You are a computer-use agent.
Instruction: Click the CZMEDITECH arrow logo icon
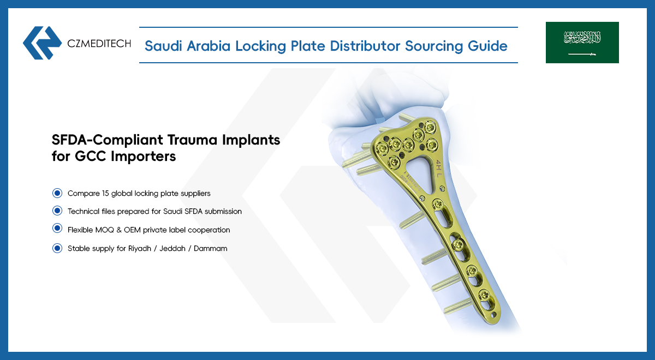43,43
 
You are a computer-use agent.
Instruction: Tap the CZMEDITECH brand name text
99,44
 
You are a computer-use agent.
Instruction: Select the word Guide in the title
487,46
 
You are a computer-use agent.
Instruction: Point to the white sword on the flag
582,54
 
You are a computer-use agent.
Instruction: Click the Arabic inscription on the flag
582,38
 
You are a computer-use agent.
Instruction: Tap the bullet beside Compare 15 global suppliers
57,193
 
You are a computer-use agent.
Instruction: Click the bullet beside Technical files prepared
57,211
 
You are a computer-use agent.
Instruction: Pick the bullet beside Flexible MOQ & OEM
57,228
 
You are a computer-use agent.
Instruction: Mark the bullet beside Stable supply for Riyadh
57,248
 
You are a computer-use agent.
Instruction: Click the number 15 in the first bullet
105,194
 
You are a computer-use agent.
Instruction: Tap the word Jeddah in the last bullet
172,248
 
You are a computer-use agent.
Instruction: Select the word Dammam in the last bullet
211,248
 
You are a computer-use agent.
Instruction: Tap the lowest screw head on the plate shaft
484,295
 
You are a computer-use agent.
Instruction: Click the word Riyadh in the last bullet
140,249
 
